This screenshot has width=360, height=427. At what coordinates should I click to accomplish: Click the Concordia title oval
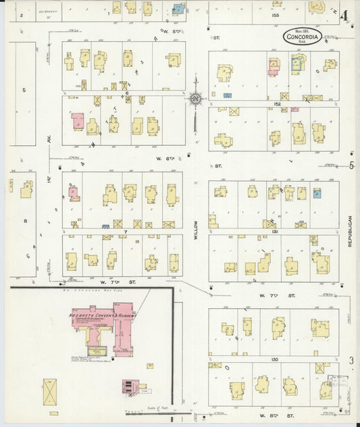(x=302, y=35)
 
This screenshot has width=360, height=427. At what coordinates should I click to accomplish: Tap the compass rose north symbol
(x=195, y=100)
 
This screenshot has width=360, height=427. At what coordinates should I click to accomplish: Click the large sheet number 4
(x=345, y=16)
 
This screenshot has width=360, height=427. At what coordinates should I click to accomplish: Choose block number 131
(x=275, y=231)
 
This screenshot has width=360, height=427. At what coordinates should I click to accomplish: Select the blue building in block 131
(x=317, y=193)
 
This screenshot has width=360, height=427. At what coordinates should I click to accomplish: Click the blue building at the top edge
(x=179, y=9)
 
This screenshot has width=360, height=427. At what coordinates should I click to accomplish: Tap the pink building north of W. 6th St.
(x=78, y=121)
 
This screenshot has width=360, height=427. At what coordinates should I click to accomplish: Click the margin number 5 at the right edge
(x=351, y=166)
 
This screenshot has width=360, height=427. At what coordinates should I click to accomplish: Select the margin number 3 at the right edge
(x=351, y=361)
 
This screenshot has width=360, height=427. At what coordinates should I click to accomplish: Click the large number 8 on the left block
(x=24, y=221)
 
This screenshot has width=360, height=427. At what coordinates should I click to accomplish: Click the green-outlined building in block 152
(x=297, y=64)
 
